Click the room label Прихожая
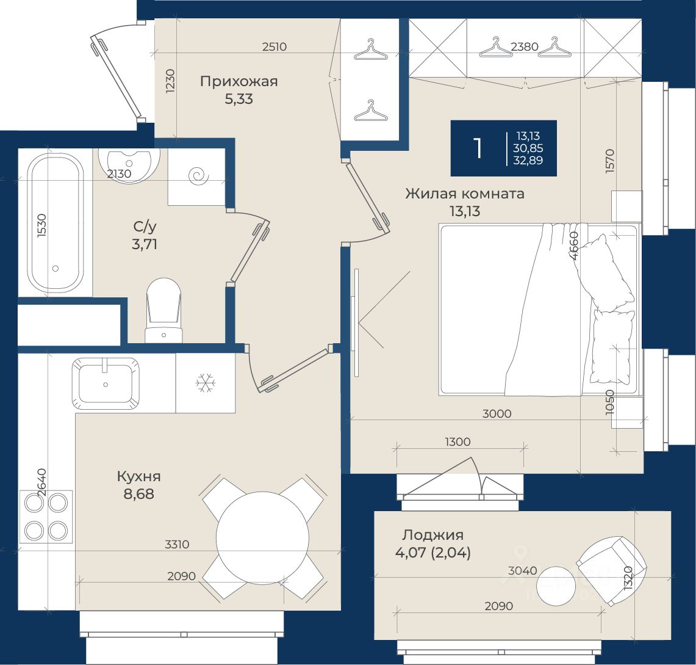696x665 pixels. [x=239, y=81]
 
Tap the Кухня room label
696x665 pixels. [x=138, y=476]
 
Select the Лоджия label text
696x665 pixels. [x=432, y=535]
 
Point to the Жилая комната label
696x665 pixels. [x=465, y=194]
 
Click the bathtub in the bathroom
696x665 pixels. [x=56, y=223]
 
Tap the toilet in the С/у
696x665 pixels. [x=164, y=310]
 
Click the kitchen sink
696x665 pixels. [x=106, y=383]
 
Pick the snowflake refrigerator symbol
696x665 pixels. [x=206, y=383]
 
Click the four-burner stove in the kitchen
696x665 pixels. [x=46, y=516]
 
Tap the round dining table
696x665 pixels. [x=263, y=538]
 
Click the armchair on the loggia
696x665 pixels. [x=612, y=570]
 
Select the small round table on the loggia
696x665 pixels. [x=556, y=586]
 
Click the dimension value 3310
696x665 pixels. [x=177, y=544]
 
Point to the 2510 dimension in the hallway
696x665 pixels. [x=274, y=46]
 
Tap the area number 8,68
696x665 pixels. [x=138, y=493]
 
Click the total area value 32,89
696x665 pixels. [x=528, y=161]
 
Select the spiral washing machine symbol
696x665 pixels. [x=198, y=176]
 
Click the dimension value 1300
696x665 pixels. [x=457, y=442]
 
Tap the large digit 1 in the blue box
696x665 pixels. [x=478, y=148]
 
